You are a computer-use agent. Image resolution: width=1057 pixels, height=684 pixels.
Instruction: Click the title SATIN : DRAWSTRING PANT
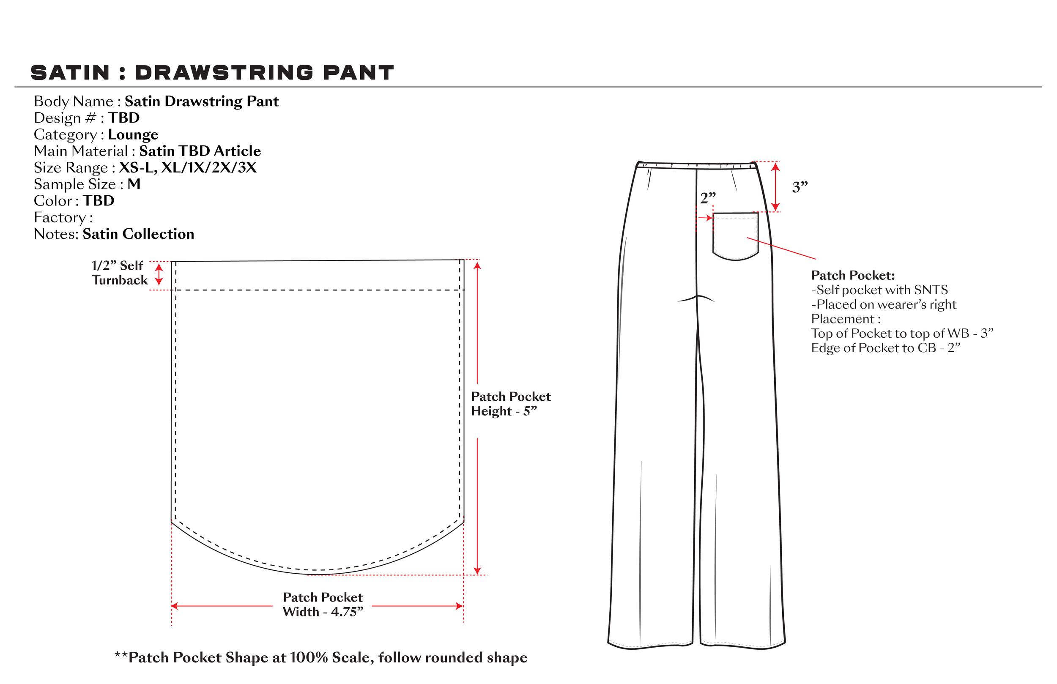[212, 73]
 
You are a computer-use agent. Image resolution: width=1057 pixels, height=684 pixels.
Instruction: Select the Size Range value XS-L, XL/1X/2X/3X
[187, 168]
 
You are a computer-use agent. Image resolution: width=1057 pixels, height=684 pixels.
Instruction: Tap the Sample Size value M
[134, 184]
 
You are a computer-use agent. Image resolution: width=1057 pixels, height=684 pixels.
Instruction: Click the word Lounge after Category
[133, 134]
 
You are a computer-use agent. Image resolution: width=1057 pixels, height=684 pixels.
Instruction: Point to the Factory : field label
[63, 218]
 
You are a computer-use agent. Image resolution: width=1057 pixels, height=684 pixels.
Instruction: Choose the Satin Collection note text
[138, 234]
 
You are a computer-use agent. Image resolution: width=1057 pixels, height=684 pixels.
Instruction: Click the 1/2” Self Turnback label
[119, 273]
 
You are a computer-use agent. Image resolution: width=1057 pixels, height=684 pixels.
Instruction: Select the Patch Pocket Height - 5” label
[510, 404]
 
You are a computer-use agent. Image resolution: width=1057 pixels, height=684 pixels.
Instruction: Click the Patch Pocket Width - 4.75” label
[323, 605]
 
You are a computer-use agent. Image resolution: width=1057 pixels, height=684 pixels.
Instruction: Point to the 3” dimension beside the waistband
[800, 187]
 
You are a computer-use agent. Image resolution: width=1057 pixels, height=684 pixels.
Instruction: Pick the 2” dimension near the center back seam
[707, 198]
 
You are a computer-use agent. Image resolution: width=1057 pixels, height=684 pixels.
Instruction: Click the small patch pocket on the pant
[735, 235]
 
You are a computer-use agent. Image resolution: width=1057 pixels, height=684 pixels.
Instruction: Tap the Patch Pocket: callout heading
[853, 275]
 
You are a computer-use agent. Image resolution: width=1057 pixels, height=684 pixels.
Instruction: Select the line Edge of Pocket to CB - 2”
[885, 348]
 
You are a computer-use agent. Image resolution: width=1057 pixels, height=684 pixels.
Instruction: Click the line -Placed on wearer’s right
[883, 305]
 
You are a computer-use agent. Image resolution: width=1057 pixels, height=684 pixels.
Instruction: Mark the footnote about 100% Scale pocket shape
[320, 658]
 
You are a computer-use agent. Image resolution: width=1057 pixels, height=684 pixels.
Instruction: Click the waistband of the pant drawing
[696, 166]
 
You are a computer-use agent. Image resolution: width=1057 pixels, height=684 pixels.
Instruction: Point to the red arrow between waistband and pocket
[775, 186]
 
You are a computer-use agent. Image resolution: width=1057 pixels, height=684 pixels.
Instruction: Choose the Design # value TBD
[124, 118]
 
